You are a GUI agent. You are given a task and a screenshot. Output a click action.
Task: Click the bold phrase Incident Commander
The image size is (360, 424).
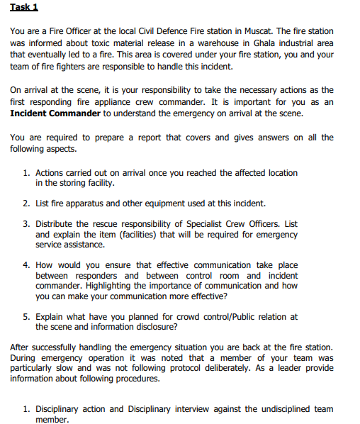55,113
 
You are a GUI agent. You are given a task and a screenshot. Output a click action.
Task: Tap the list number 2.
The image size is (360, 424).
26,203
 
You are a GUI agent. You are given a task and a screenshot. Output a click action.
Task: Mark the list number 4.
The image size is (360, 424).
26,265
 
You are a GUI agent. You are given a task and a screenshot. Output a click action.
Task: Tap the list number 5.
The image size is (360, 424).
26,317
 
